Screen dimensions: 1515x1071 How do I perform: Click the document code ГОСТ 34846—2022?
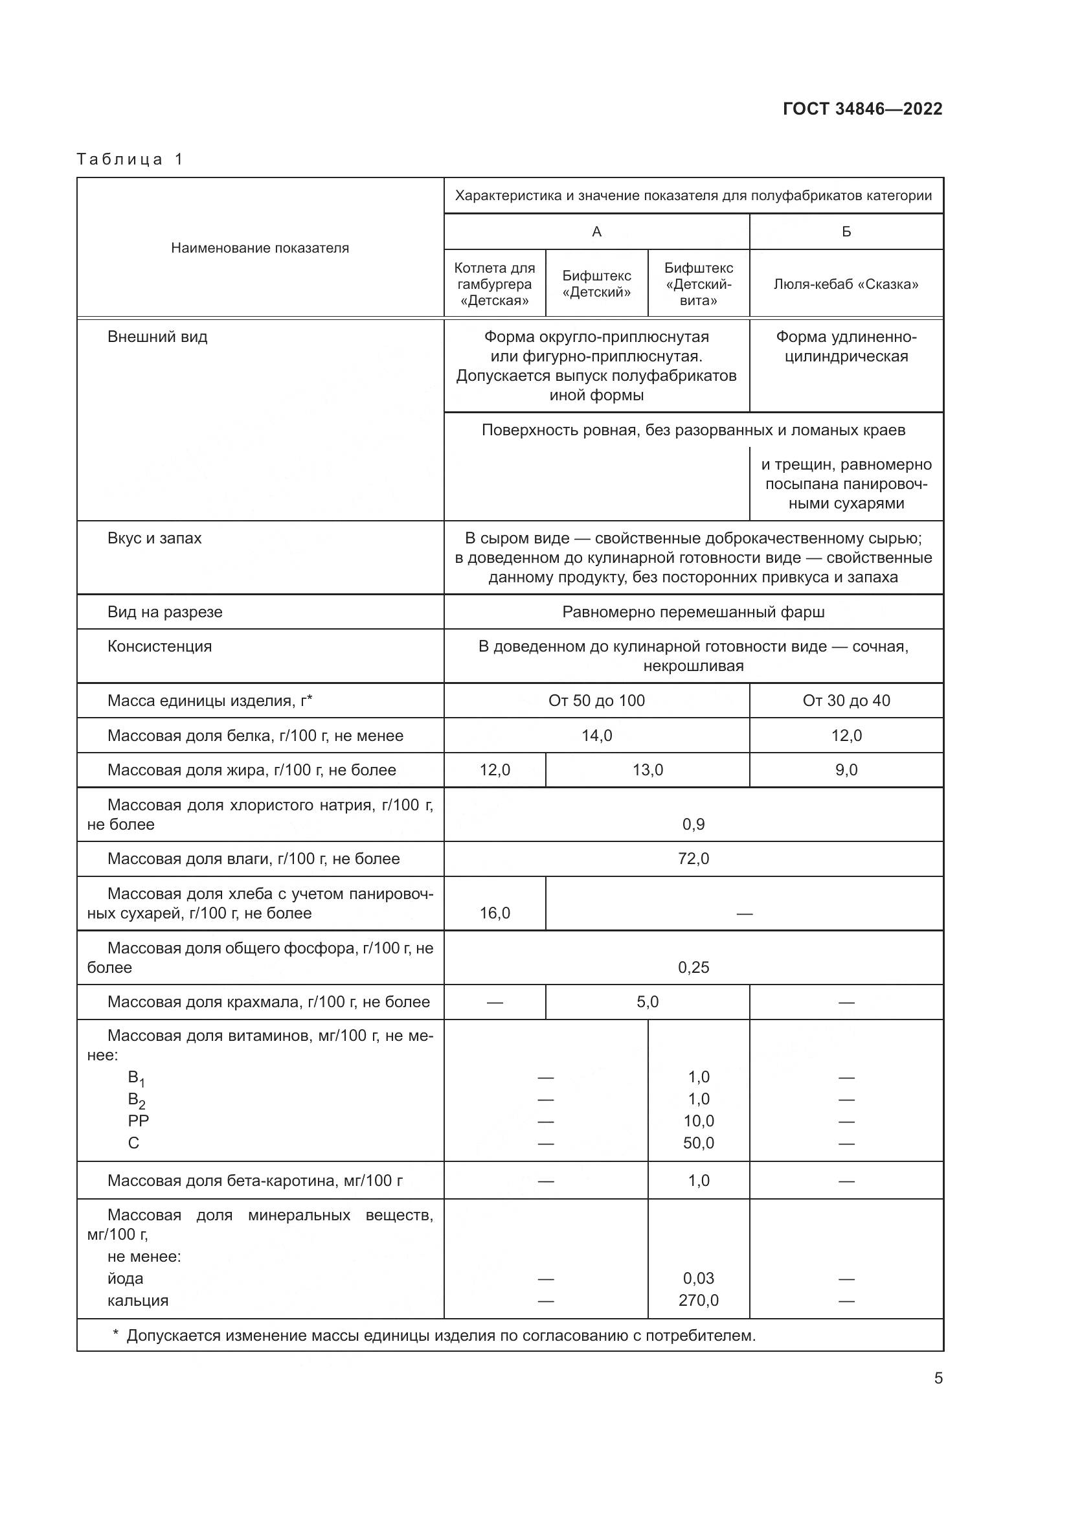click(x=862, y=109)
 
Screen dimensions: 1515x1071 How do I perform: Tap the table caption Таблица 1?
click(x=130, y=159)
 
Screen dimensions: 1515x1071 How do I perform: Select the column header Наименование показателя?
click(x=260, y=248)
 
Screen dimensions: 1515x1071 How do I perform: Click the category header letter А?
click(x=596, y=232)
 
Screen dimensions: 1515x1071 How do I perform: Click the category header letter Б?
click(x=846, y=232)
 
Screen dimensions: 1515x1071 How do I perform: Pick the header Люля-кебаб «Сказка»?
click(x=846, y=284)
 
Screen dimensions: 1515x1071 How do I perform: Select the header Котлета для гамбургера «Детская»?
click(x=495, y=284)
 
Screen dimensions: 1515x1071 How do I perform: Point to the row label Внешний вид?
click(x=157, y=337)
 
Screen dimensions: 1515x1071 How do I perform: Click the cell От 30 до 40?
click(x=846, y=701)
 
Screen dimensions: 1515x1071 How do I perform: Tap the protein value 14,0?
click(x=596, y=736)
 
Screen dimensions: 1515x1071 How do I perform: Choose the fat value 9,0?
click(x=846, y=770)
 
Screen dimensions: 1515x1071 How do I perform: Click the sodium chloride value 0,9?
click(x=693, y=824)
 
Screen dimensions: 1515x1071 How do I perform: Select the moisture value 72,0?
click(x=693, y=859)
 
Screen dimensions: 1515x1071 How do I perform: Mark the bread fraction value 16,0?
click(x=495, y=913)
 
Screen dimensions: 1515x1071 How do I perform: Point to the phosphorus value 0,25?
click(x=693, y=967)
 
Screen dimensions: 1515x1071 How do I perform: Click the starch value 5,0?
click(x=647, y=1002)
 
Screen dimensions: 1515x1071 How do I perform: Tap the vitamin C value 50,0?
click(x=699, y=1143)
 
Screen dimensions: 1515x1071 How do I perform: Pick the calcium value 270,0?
click(x=699, y=1301)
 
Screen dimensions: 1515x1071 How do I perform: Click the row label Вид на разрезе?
click(x=165, y=612)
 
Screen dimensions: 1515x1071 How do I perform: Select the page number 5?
click(x=938, y=1378)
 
